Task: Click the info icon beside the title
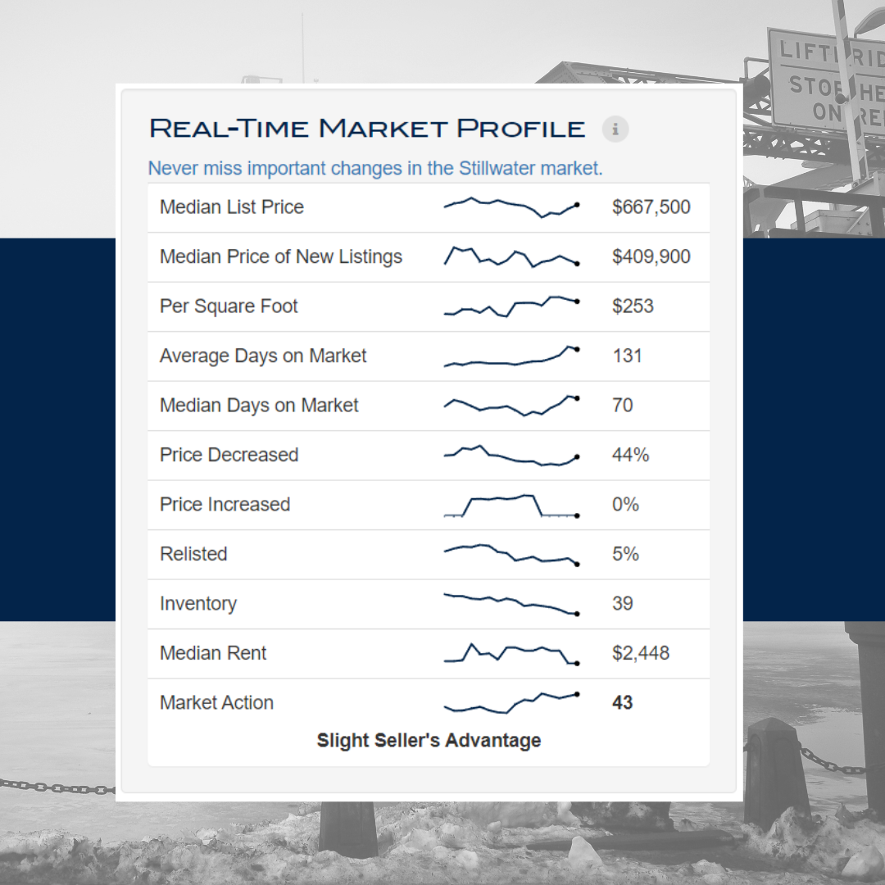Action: [615, 129]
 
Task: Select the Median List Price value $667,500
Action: [651, 207]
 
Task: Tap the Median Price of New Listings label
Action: [281, 256]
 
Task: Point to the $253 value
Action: [633, 306]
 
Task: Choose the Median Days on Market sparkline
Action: [511, 406]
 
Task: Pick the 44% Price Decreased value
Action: [630, 455]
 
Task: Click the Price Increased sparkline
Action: [511, 506]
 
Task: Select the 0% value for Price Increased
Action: [625, 504]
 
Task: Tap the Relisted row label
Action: [193, 554]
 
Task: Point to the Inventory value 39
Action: [623, 603]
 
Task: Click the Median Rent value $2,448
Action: [641, 653]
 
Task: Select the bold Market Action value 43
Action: [623, 703]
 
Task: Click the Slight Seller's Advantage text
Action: [429, 740]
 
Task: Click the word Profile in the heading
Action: [520, 129]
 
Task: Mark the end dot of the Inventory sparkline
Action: [577, 614]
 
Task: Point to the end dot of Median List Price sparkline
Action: [577, 205]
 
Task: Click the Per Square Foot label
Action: [229, 306]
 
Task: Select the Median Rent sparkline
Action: [511, 654]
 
